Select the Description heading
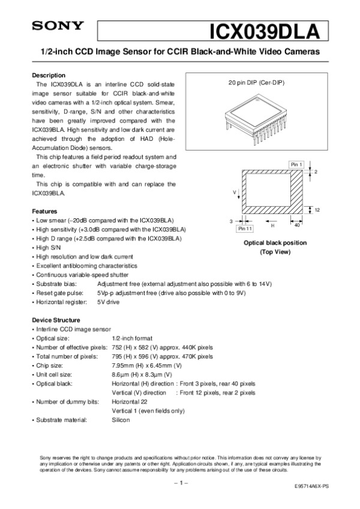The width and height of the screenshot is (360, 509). click(x=48, y=76)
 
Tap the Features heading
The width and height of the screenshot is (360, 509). click(x=44, y=212)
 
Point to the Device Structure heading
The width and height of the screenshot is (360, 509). click(x=55, y=320)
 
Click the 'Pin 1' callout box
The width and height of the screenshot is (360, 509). click(x=296, y=164)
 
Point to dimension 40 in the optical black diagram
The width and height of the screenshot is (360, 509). click(x=297, y=225)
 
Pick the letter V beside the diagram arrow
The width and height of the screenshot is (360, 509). click(x=235, y=192)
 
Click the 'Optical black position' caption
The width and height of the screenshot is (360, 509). click(x=274, y=243)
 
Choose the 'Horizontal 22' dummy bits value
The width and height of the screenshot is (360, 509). click(x=130, y=401)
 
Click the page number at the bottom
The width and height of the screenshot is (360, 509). click(x=181, y=482)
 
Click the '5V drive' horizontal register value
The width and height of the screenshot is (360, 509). click(x=109, y=302)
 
